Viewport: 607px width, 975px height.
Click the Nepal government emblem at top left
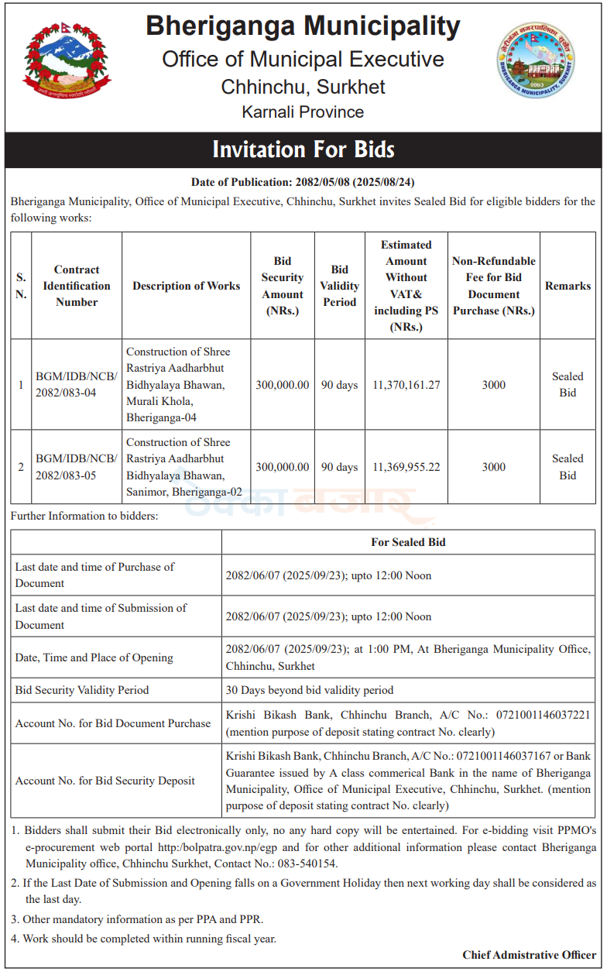click(x=67, y=64)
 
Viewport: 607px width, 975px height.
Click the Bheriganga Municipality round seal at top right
click(x=537, y=61)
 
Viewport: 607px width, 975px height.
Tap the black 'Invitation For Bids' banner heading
click(x=303, y=149)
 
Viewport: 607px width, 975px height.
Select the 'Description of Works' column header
click(x=186, y=286)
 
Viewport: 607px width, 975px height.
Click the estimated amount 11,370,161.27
click(x=406, y=385)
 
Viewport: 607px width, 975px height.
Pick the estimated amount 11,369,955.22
click(x=406, y=467)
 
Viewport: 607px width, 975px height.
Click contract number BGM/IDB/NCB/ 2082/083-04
click(x=76, y=385)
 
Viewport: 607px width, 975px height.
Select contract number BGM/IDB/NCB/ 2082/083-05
click(x=76, y=467)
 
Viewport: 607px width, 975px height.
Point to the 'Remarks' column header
click(x=568, y=286)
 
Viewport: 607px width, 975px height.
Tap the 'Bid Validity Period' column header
click(x=339, y=286)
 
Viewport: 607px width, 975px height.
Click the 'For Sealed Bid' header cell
click(x=408, y=542)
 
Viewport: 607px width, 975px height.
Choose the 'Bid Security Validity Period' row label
click(x=82, y=690)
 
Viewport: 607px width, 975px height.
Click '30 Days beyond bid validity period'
click(x=310, y=690)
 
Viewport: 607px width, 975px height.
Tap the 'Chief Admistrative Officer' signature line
click(x=529, y=955)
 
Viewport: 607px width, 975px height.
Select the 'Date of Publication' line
click(x=303, y=183)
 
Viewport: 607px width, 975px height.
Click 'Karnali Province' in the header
click(x=303, y=112)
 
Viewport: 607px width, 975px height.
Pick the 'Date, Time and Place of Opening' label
click(x=94, y=657)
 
